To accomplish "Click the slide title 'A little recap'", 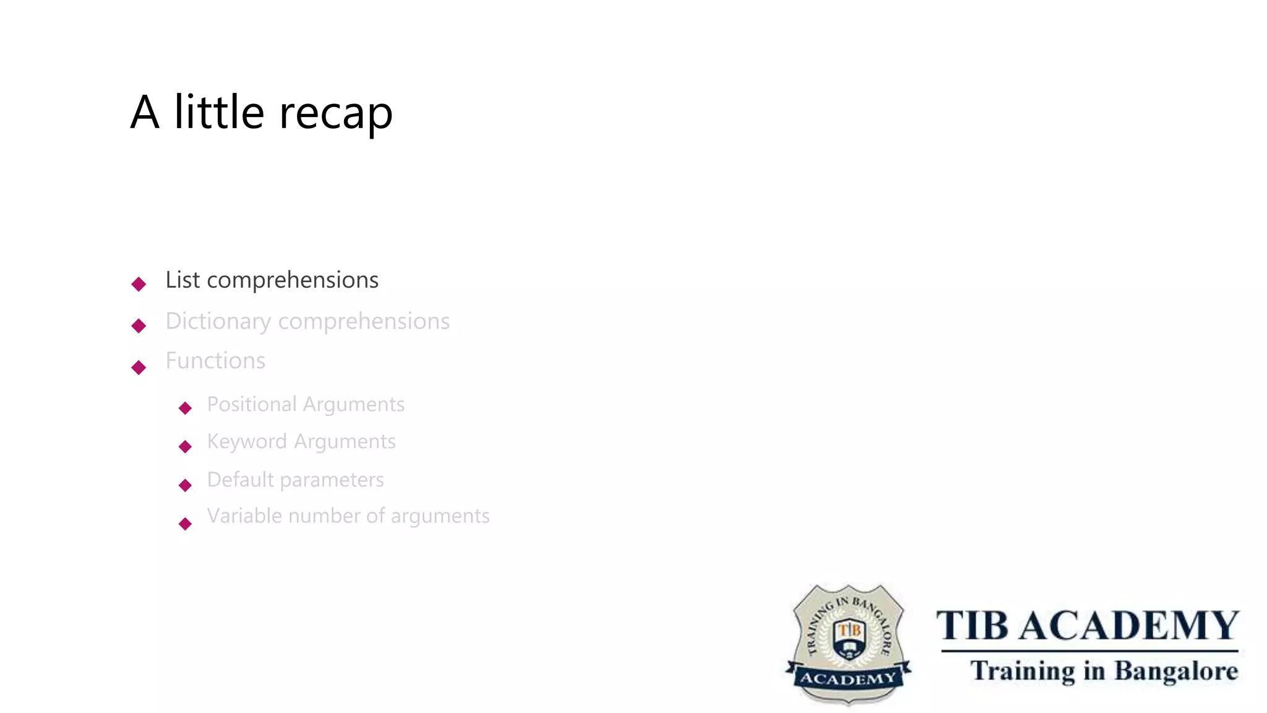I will pyautogui.click(x=261, y=112).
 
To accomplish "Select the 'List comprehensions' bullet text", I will pyautogui.click(x=272, y=280).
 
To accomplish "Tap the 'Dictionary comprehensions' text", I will pyautogui.click(x=307, y=321).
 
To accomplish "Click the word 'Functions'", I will pyautogui.click(x=215, y=361).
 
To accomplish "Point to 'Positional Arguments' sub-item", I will pyautogui.click(x=306, y=404).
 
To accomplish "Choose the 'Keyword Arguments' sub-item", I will pyautogui.click(x=301, y=441).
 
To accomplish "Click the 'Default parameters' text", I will pyautogui.click(x=295, y=480).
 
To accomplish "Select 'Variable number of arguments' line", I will pyautogui.click(x=348, y=516).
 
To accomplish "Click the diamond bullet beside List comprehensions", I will pyautogui.click(x=139, y=284).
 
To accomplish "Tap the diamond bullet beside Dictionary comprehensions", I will pyautogui.click(x=139, y=326).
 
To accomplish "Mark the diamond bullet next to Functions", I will pyautogui.click(x=139, y=368).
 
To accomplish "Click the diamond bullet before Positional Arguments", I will pyautogui.click(x=185, y=408).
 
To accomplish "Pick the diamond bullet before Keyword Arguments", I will pyautogui.click(x=185, y=446).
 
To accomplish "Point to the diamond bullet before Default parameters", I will pyautogui.click(x=185, y=485).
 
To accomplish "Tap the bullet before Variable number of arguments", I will pyautogui.click(x=185, y=524).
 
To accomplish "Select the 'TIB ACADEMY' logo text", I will pyautogui.click(x=1088, y=626).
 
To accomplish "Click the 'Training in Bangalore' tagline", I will pyautogui.click(x=1104, y=671).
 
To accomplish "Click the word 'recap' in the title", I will pyautogui.click(x=336, y=113).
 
